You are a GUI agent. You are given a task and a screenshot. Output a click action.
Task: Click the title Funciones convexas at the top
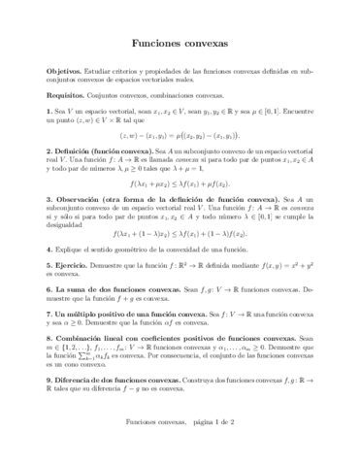(x=180, y=44)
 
